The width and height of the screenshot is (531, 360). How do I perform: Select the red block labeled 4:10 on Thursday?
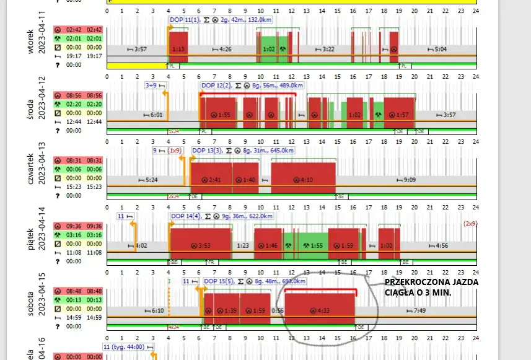coord(303,180)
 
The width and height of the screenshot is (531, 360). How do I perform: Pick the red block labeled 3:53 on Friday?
coord(200,245)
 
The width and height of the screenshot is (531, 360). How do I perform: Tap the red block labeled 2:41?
coord(211,180)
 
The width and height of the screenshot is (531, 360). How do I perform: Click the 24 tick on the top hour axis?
coord(475,11)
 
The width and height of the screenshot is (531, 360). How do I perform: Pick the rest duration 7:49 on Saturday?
coord(419,310)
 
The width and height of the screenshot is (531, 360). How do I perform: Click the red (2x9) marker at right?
coord(471,223)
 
